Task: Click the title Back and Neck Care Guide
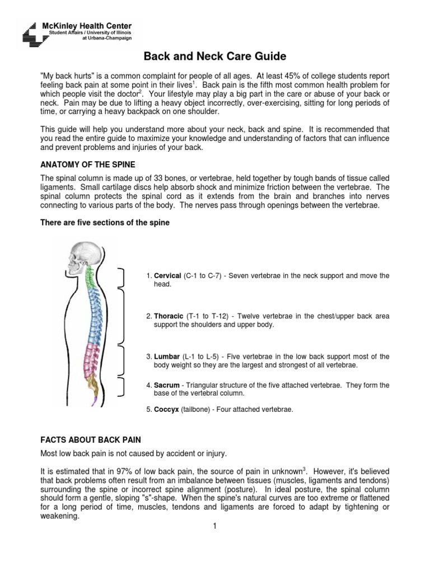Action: click(216, 57)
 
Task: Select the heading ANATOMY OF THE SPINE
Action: click(87, 165)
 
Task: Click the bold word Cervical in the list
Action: click(167, 276)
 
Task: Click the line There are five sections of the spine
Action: click(105, 222)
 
